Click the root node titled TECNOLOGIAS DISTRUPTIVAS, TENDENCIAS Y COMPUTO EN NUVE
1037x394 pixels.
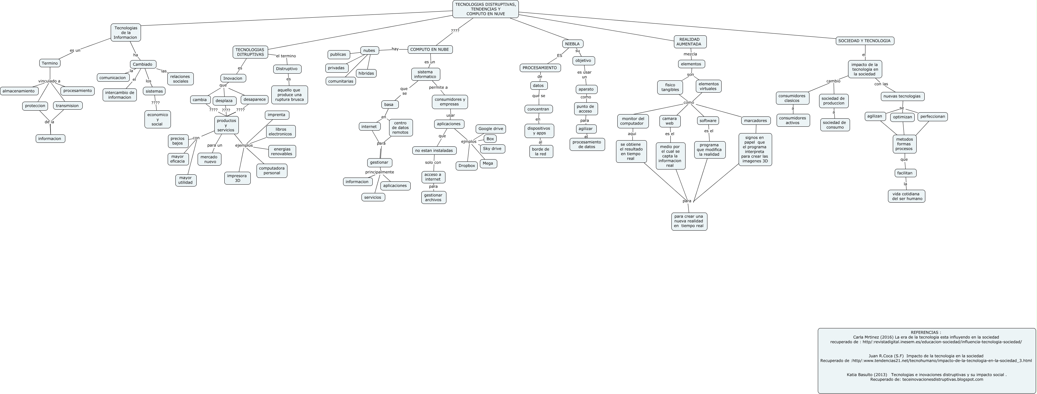(485, 9)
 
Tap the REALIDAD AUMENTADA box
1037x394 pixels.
(690, 42)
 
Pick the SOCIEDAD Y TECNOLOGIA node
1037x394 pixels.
(864, 41)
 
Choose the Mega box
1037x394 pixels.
(488, 163)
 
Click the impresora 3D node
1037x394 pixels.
(237, 178)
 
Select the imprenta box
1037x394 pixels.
(276, 115)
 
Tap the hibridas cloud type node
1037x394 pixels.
(366, 73)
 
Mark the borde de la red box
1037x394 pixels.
(541, 151)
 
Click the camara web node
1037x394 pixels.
(669, 121)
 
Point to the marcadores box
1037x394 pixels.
(755, 121)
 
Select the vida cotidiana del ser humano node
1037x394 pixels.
(906, 197)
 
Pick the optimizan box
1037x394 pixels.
(902, 117)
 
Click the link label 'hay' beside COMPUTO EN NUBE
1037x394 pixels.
(395, 49)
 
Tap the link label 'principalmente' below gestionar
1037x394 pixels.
(379, 172)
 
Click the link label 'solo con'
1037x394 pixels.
(433, 163)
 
